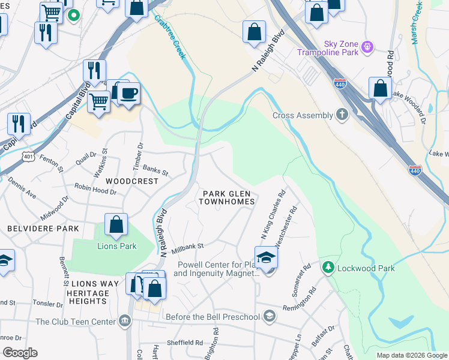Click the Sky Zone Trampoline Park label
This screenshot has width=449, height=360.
(x=328, y=47)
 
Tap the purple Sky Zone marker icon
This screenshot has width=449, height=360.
(x=369, y=46)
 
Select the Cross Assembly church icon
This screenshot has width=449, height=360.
(x=342, y=115)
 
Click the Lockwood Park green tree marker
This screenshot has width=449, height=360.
(x=328, y=267)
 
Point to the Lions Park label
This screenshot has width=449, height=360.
(x=117, y=246)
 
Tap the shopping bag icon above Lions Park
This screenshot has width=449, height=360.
(x=116, y=226)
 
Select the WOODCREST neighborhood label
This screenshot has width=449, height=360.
(x=132, y=181)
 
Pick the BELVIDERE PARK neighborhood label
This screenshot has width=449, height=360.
(x=43, y=229)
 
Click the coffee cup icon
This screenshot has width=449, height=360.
(x=129, y=94)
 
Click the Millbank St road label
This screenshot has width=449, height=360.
(x=188, y=246)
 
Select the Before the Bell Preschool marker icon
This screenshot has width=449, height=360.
(x=270, y=316)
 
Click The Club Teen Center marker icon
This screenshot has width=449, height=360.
(x=125, y=321)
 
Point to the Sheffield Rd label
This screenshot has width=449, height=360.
(x=187, y=343)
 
